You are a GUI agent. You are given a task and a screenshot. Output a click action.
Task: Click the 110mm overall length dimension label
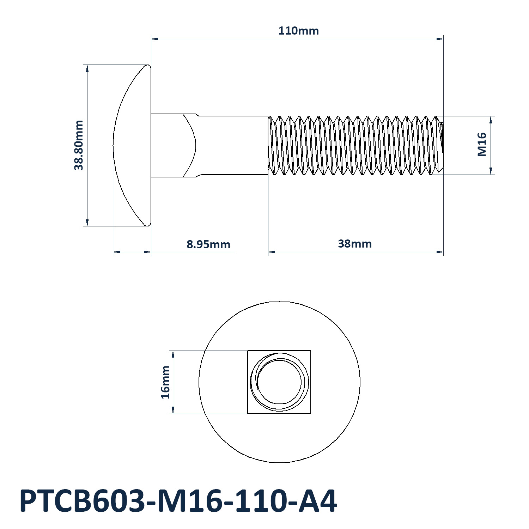click(298, 31)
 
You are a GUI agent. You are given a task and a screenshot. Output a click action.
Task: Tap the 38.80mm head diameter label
click(79, 145)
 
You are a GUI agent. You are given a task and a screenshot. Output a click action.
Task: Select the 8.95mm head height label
click(208, 244)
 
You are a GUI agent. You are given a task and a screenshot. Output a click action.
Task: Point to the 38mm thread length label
click(355, 244)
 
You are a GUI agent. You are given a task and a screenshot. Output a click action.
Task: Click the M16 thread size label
click(482, 145)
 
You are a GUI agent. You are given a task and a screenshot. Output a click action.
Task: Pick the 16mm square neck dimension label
click(165, 382)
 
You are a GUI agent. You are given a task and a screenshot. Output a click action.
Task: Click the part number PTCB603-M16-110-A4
click(178, 501)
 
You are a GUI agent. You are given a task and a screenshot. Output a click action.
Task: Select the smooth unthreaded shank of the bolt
click(233, 145)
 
